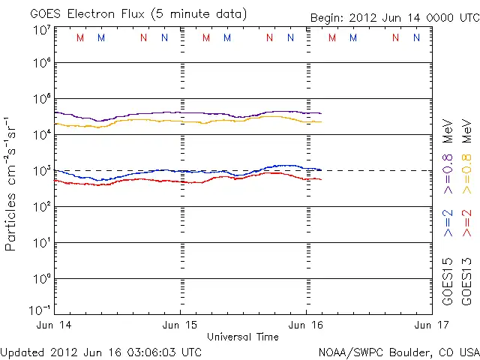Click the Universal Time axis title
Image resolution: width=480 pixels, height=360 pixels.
point(242,337)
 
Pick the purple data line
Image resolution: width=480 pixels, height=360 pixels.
point(187,112)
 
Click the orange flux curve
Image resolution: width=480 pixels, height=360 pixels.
point(187,121)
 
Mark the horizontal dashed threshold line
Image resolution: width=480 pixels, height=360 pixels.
point(375,170)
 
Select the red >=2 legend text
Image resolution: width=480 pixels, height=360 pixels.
point(466,223)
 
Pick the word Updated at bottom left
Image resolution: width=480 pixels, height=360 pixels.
point(23,352)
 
